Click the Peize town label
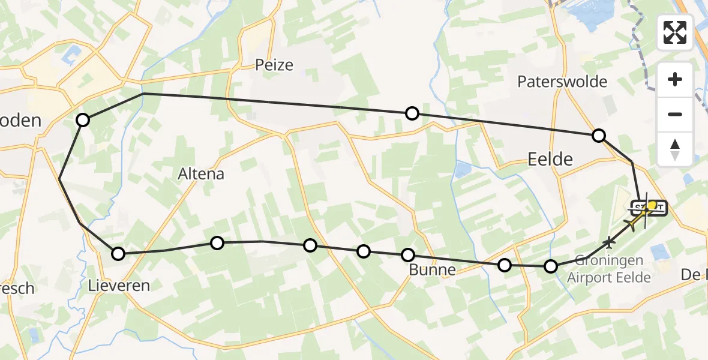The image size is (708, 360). (x=274, y=64)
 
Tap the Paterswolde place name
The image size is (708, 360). (x=562, y=82)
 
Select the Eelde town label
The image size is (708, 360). (x=550, y=159)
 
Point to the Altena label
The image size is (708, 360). (x=201, y=174)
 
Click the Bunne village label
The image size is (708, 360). (x=432, y=270)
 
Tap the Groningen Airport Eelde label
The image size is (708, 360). (x=608, y=269)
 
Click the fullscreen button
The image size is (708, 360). (x=675, y=32)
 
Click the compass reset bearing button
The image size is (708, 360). (x=675, y=149)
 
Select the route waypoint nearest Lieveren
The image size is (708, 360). (x=118, y=254)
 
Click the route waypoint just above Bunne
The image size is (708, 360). (x=408, y=255)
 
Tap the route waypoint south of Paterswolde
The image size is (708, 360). (x=598, y=136)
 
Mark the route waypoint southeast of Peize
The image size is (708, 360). (x=412, y=113)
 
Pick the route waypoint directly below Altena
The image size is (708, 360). (x=217, y=242)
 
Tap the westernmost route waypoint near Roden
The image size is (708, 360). (x=83, y=120)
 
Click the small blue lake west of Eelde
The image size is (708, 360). (x=463, y=170)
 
